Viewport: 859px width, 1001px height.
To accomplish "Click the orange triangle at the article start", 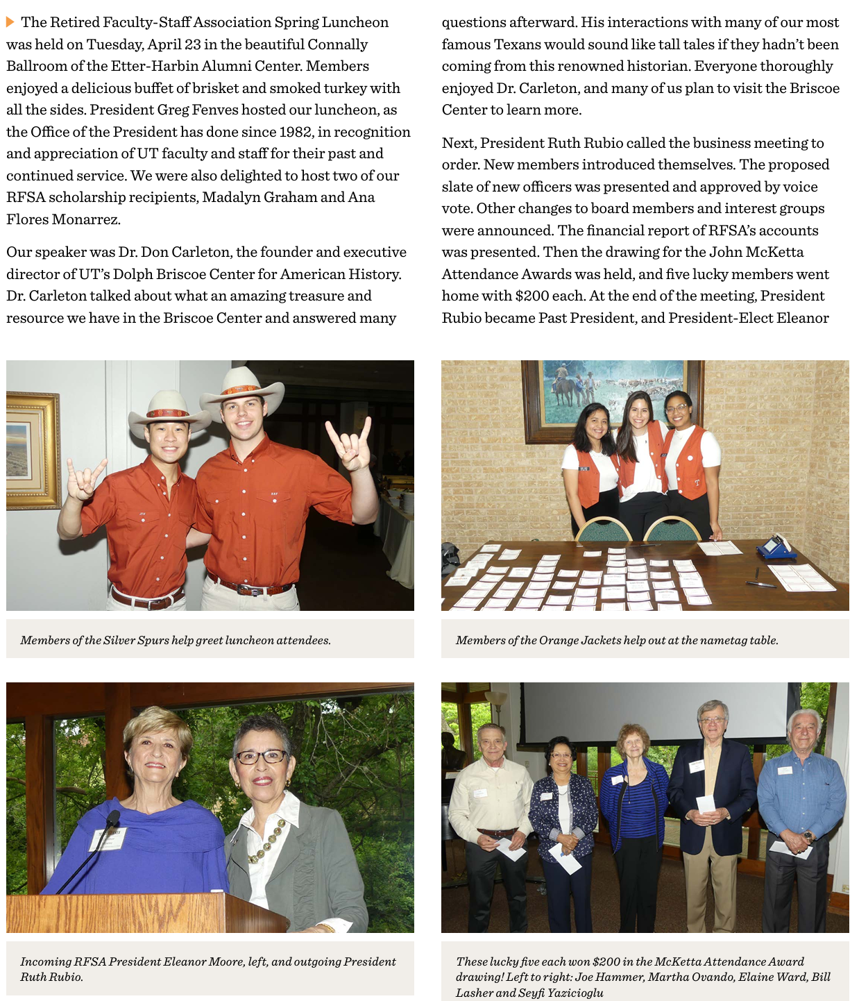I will tap(10, 22).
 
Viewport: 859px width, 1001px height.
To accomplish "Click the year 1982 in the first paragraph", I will tap(296, 132).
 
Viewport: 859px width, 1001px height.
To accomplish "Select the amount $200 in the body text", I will tap(531, 296).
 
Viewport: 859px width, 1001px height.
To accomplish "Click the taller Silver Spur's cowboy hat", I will tap(243, 389).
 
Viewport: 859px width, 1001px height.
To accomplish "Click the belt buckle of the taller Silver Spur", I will tap(248, 590).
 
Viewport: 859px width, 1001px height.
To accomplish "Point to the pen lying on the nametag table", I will tap(760, 584).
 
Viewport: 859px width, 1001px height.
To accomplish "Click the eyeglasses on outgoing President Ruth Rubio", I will tap(262, 757).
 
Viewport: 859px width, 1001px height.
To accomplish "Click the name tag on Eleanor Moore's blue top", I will tap(108, 839).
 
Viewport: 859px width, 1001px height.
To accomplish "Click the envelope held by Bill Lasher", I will tap(705, 804).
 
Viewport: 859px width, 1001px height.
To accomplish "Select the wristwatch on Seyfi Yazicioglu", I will tap(807, 837).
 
